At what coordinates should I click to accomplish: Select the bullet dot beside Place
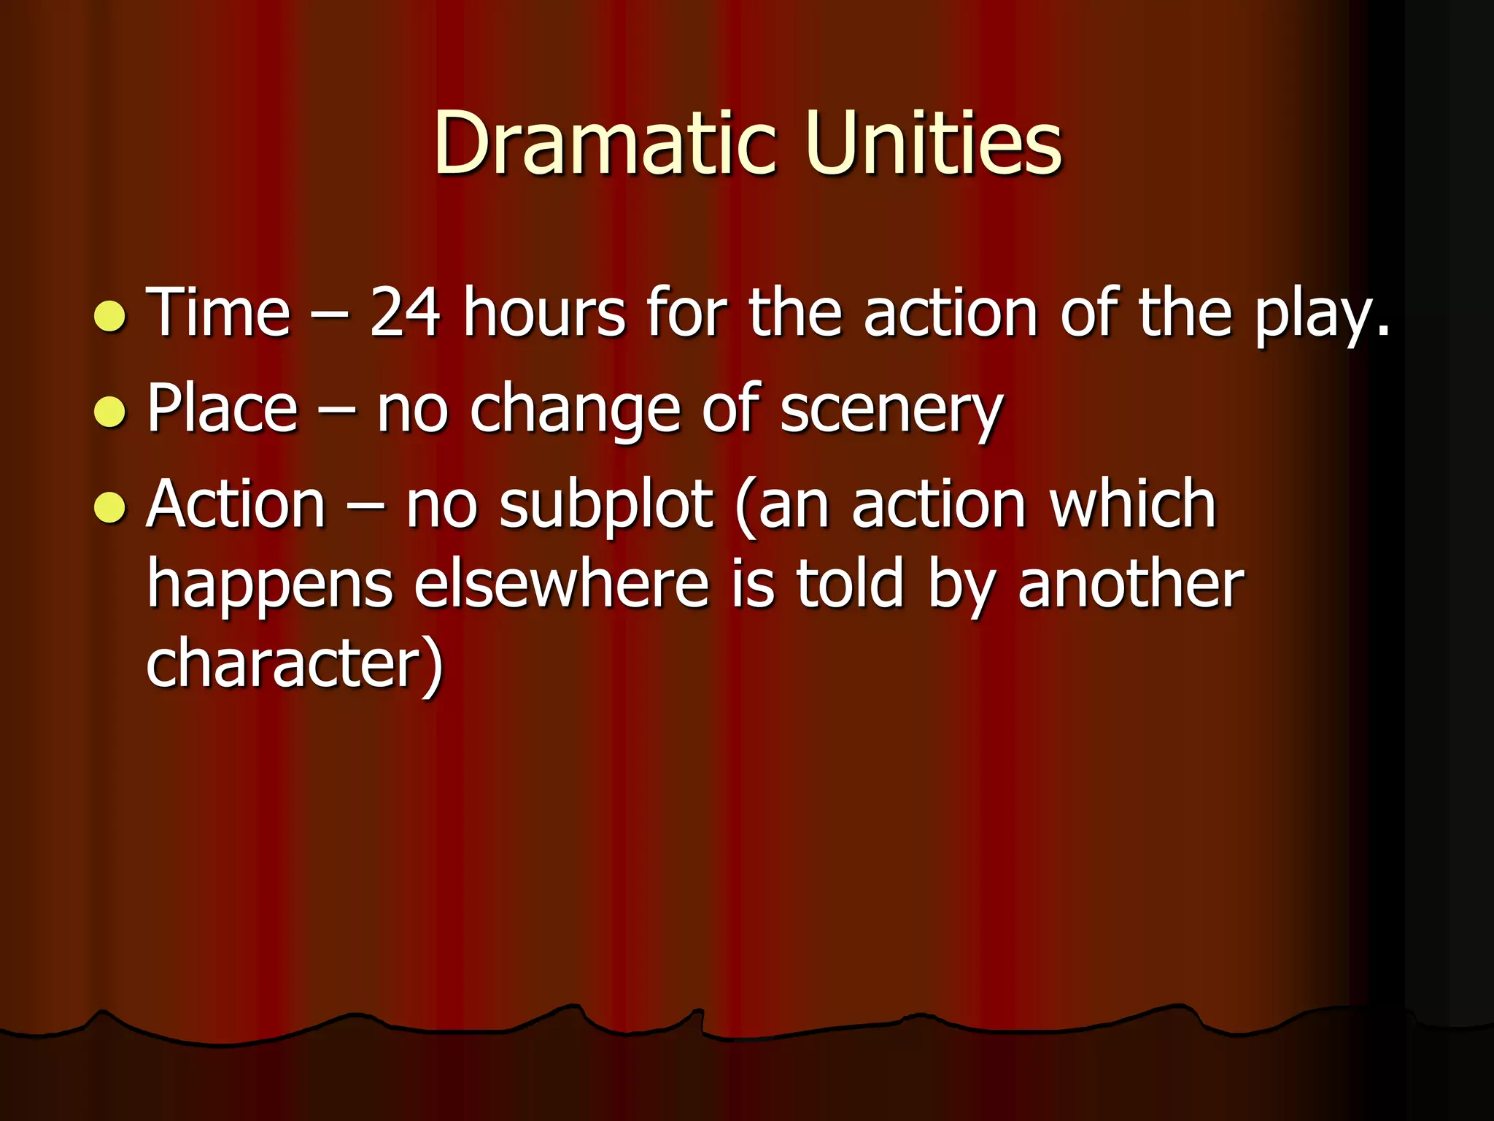(x=110, y=412)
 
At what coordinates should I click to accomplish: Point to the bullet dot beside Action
(x=110, y=507)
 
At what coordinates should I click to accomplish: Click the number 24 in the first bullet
(x=405, y=312)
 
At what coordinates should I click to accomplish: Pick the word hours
(x=544, y=312)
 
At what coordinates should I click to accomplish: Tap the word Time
(x=219, y=312)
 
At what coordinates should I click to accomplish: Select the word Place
(x=222, y=409)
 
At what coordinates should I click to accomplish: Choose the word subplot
(x=605, y=505)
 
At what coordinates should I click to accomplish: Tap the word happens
(x=271, y=585)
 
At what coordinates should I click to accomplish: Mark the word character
(x=285, y=663)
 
